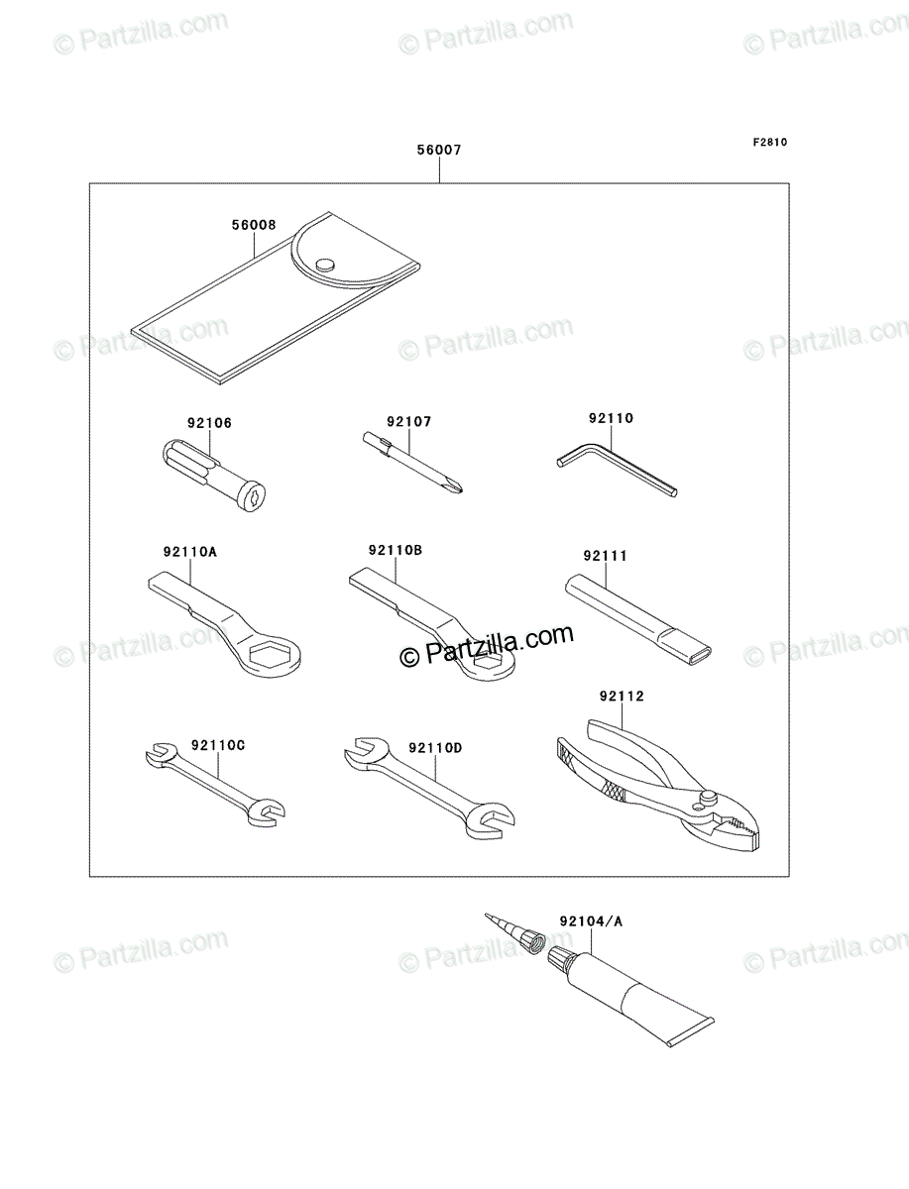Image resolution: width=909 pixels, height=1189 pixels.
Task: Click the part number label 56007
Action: [439, 150]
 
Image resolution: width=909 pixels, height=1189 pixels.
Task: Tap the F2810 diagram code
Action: [770, 143]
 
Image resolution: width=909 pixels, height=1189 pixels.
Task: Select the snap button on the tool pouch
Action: [324, 264]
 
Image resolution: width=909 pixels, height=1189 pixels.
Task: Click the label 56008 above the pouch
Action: [254, 225]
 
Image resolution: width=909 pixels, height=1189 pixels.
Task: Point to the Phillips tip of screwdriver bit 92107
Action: [457, 488]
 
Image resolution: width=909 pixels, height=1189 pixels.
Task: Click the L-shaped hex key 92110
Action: [617, 469]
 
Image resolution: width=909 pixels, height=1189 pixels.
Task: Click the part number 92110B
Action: [396, 550]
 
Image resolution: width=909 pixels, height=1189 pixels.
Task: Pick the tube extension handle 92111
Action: [638, 619]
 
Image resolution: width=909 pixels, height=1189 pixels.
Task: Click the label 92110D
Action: [435, 748]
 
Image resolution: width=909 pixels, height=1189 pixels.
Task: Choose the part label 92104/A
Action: [591, 921]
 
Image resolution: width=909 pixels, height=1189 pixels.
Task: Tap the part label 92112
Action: [622, 697]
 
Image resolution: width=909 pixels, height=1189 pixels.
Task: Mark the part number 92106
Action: [209, 423]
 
